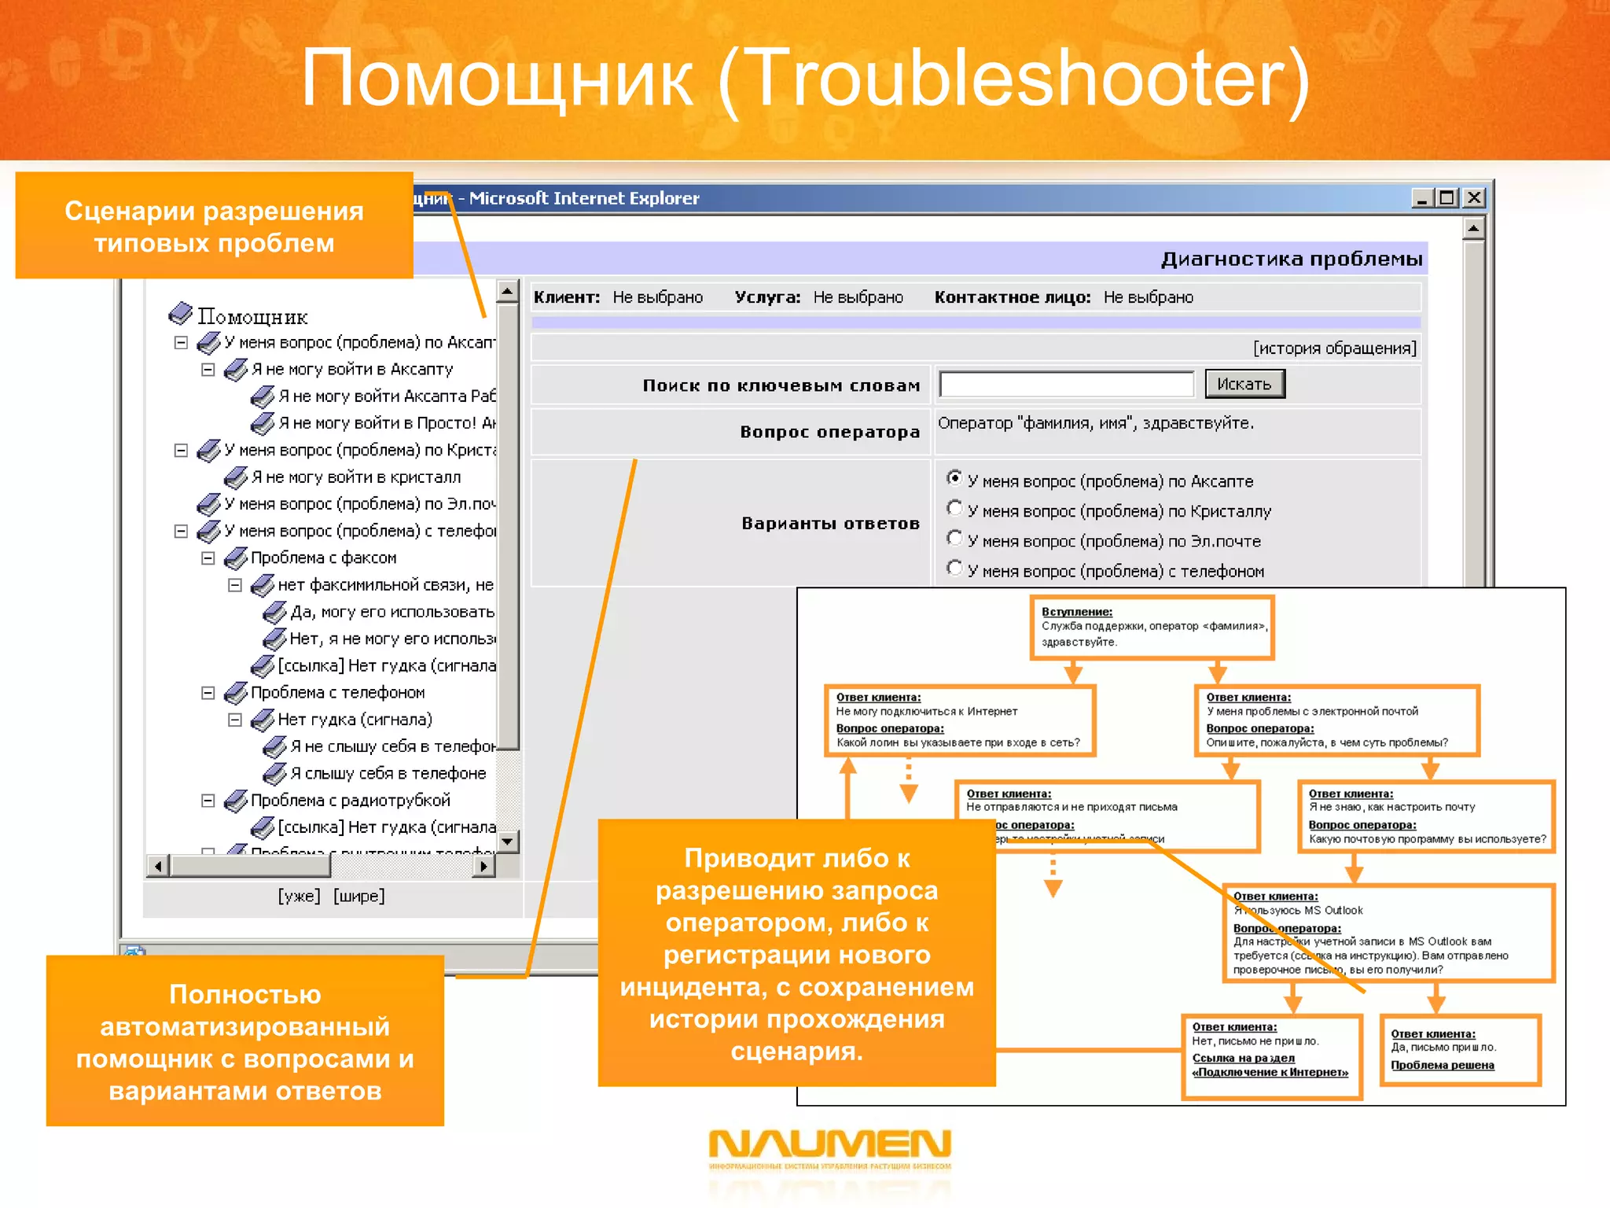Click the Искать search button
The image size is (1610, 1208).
point(1244,385)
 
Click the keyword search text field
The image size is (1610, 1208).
point(1066,385)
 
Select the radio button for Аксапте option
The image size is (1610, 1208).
point(954,478)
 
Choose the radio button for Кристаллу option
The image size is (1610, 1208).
point(954,508)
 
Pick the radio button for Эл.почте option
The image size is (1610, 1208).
point(954,538)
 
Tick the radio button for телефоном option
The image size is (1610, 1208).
point(954,568)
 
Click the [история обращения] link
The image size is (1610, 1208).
point(1334,348)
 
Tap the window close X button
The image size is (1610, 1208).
point(1474,198)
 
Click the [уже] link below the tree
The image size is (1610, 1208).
point(299,896)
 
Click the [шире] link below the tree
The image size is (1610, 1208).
point(358,896)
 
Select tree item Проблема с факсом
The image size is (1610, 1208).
point(323,558)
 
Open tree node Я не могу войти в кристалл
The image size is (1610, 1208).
point(355,477)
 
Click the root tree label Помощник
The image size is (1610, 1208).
point(252,317)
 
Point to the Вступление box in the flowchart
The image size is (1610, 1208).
point(1152,627)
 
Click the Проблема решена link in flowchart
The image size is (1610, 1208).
point(1442,1066)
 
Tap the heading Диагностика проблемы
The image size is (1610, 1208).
point(1291,259)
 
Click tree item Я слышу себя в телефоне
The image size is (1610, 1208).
point(388,774)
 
